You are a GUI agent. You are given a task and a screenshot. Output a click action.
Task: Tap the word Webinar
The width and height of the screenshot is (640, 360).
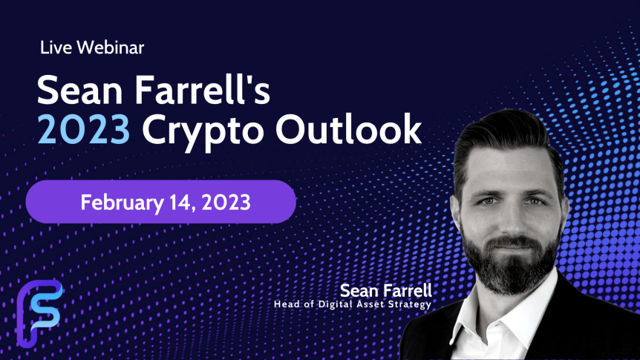pos(110,48)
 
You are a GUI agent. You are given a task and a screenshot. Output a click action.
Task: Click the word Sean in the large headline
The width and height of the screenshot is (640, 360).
pos(80,90)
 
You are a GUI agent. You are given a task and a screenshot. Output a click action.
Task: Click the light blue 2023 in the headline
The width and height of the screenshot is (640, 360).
pos(84,129)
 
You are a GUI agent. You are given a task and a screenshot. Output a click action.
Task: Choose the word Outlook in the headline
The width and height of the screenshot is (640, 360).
pos(348,128)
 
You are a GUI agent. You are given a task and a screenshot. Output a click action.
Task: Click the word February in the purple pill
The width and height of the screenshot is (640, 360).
pos(122,203)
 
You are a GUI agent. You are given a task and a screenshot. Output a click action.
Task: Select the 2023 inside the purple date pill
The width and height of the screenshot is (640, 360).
pos(226,203)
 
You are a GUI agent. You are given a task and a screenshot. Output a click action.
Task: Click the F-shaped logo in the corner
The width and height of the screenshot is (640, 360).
pos(39,313)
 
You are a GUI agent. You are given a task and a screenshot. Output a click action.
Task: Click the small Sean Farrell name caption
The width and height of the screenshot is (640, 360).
pos(386,291)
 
